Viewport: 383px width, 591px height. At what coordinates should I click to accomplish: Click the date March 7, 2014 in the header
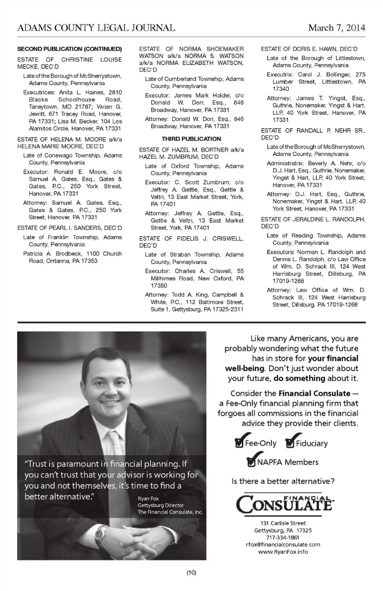336,27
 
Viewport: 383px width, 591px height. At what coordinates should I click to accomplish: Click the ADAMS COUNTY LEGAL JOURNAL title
96,27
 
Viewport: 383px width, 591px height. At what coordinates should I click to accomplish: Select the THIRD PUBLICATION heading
191,139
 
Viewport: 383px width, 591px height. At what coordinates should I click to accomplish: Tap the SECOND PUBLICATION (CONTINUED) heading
69,49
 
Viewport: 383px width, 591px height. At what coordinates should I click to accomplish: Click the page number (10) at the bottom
191,572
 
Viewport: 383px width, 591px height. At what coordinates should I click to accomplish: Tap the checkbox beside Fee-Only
239,443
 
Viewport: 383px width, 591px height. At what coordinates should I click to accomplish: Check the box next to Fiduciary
290,443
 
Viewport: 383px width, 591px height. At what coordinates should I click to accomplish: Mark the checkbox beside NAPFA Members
252,461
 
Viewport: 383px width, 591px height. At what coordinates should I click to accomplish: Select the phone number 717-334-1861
283,537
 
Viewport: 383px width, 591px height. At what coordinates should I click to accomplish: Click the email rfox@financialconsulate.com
283,544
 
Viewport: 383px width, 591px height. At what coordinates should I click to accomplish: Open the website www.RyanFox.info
283,552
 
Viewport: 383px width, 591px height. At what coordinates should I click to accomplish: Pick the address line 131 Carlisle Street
283,523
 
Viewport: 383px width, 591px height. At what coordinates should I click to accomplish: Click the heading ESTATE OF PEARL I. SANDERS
69,228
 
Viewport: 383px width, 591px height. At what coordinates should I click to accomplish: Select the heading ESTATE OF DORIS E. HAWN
309,49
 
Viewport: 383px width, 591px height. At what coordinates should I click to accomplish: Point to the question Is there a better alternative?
283,481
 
